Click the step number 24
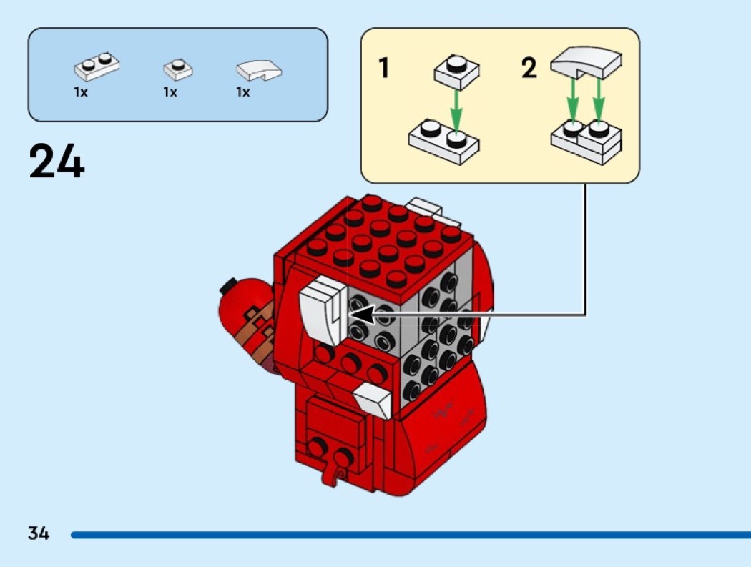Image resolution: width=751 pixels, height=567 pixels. [x=57, y=162]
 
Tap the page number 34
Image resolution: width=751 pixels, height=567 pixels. [x=39, y=533]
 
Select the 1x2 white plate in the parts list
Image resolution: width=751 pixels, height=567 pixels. [x=97, y=66]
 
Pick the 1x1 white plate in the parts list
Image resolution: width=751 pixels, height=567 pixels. [x=177, y=69]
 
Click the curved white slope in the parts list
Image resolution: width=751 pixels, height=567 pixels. [x=259, y=70]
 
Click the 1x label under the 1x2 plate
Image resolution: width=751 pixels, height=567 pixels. [x=81, y=92]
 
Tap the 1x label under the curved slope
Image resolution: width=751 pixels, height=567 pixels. [x=243, y=92]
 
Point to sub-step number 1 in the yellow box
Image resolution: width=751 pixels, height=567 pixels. [x=383, y=67]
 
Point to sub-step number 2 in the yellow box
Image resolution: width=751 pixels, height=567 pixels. [x=529, y=67]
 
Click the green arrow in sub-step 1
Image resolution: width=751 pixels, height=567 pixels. [x=456, y=112]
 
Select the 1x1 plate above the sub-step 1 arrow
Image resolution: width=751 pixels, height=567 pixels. [x=457, y=72]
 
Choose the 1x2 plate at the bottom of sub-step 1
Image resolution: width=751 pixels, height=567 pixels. [x=443, y=142]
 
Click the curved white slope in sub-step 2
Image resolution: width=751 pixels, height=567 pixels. [x=586, y=62]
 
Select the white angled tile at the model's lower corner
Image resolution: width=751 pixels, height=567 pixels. [x=373, y=399]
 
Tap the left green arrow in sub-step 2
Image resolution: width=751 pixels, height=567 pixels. [x=572, y=101]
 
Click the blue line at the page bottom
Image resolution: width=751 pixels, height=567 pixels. [x=411, y=535]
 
